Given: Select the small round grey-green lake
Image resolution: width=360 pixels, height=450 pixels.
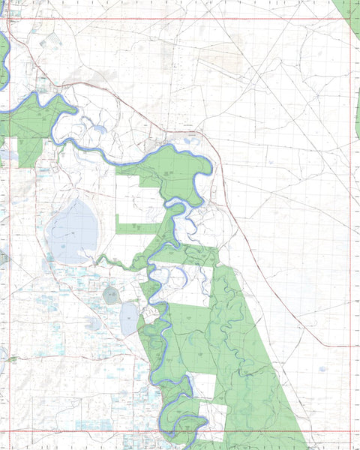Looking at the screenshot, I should [111, 295].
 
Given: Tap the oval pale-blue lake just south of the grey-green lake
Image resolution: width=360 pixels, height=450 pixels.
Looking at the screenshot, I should [128, 319].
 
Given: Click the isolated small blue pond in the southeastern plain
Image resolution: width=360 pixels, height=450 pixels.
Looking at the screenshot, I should [322, 369].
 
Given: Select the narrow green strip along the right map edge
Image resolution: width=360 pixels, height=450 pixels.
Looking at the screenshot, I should [357, 112].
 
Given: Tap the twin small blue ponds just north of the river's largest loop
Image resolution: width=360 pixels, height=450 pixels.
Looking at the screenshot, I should [187, 139].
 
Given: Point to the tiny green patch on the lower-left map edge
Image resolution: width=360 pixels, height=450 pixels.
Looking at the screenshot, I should [10, 359].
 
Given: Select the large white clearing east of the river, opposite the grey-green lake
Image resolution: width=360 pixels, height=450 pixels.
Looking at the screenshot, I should [184, 285].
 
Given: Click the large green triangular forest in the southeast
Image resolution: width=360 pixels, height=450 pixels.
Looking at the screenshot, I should [255, 375].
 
